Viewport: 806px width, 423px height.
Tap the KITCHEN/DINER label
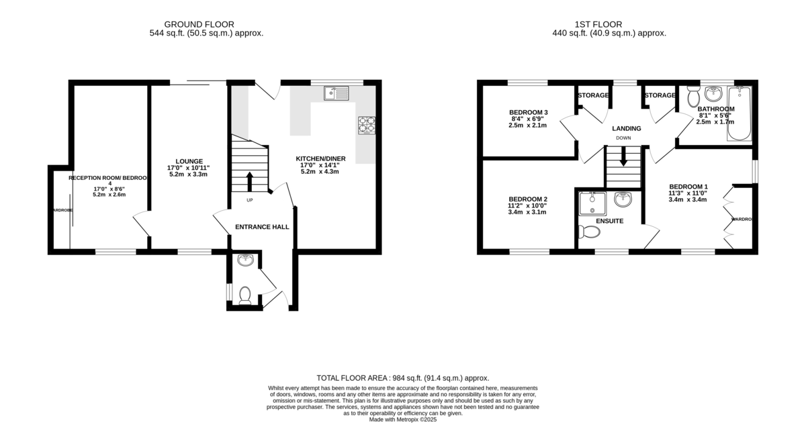[320, 158]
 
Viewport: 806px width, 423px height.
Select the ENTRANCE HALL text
[262, 227]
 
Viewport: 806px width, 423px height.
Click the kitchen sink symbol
[337, 93]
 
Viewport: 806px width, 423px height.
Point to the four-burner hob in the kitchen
[367, 125]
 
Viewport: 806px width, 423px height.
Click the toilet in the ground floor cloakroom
[245, 295]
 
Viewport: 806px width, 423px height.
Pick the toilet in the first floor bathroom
[693, 99]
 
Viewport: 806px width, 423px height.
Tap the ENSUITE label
[609, 221]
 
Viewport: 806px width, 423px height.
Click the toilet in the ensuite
[590, 232]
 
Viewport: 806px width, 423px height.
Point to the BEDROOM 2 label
[528, 199]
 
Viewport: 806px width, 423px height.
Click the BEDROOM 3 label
[529, 112]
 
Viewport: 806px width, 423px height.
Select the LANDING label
[626, 129]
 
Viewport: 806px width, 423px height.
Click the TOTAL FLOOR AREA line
[403, 378]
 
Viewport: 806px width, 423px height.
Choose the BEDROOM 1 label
[688, 187]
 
